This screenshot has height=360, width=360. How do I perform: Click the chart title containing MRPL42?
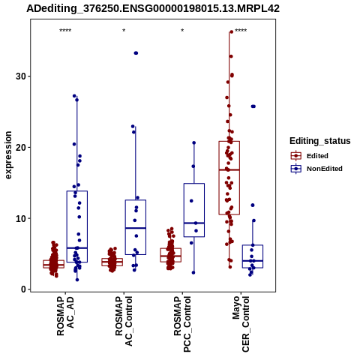[x=153, y=9]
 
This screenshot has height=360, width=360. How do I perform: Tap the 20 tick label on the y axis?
[x=21, y=147]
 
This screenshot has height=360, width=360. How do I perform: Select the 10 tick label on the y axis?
[x=21, y=218]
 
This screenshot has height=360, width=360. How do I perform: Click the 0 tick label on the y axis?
[x=23, y=289]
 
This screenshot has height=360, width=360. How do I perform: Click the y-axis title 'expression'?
[x=8, y=155]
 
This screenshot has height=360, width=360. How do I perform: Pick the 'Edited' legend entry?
[x=317, y=156]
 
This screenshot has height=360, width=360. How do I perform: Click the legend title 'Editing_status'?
[x=320, y=141]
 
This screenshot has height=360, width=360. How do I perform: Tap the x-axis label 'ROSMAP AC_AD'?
[x=65, y=316]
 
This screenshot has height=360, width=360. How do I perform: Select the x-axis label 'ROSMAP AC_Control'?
[x=124, y=321]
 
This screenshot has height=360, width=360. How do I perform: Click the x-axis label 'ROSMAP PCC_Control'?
[x=182, y=324]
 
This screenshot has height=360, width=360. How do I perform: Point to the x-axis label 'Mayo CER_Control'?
[x=241, y=324]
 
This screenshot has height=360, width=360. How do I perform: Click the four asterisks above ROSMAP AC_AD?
[x=65, y=31]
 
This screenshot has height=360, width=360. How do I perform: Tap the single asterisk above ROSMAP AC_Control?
[x=124, y=31]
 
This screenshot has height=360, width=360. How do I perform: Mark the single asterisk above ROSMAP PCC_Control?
[x=182, y=31]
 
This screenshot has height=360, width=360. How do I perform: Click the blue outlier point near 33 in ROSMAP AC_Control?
[x=136, y=53]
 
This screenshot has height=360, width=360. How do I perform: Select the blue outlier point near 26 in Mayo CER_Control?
[x=253, y=106]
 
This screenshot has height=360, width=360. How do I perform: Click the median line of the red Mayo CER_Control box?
[x=229, y=169]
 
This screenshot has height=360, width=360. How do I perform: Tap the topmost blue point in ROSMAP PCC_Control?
[x=194, y=142]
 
